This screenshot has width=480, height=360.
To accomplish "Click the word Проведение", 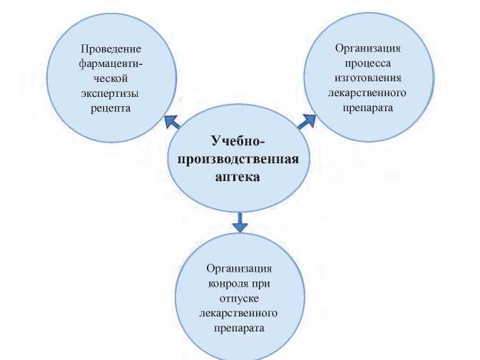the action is (x=111, y=48).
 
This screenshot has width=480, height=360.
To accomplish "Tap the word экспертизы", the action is (x=111, y=93).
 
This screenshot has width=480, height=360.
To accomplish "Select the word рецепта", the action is (x=111, y=108).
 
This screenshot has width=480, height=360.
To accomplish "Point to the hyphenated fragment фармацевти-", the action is (x=111, y=63).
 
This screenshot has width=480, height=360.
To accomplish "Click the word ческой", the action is (x=111, y=78).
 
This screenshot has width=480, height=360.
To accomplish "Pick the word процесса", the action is (x=368, y=63).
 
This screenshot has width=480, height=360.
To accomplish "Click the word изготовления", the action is (x=368, y=78).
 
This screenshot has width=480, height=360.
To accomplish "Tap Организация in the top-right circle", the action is (x=368, y=48).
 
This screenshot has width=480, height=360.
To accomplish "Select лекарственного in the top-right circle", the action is (x=368, y=93).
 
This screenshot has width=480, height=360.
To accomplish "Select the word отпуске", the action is (x=240, y=298).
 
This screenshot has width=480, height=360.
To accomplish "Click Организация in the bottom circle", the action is (x=240, y=268).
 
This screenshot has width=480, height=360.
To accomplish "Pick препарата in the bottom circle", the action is (x=240, y=328).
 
